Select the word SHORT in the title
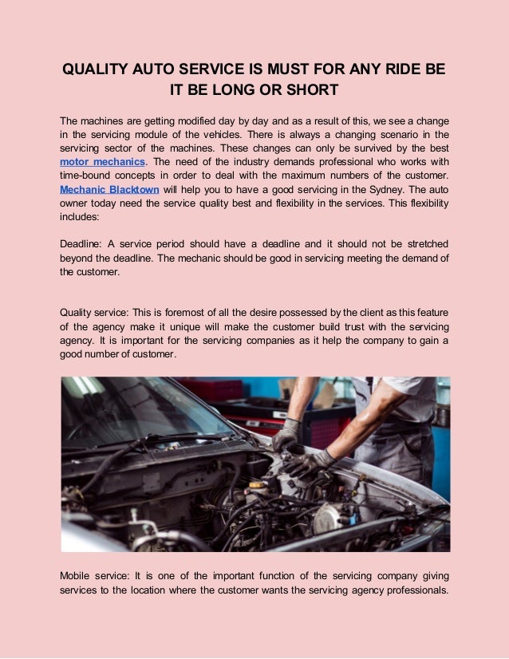pyautogui.click(x=313, y=89)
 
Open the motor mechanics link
pyautogui.click(x=101, y=161)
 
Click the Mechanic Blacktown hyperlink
pyautogui.click(x=109, y=190)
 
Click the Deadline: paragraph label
pyautogui.click(x=82, y=243)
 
